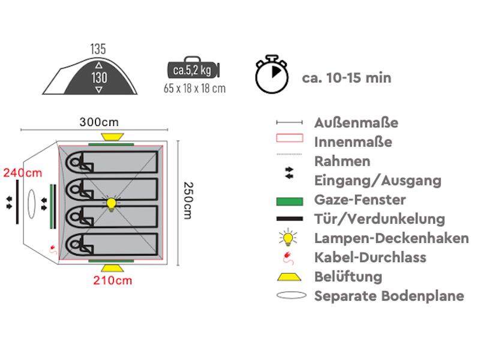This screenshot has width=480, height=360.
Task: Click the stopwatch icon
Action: coord(272,74)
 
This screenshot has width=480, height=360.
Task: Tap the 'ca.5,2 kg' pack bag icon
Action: coord(193,68)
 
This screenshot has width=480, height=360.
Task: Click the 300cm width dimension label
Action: coord(99,122)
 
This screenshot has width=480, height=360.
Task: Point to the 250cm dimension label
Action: coord(188,200)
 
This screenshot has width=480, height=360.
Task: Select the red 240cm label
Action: coord(23,173)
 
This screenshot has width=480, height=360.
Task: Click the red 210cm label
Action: coord(113,280)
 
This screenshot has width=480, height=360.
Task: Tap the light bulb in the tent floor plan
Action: coord(112,205)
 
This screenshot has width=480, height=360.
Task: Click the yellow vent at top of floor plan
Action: coord(112,137)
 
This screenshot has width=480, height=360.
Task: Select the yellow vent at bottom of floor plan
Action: coord(112,268)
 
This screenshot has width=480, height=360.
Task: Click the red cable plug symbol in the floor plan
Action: coord(53,249)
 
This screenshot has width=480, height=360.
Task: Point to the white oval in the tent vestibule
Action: coord(32,203)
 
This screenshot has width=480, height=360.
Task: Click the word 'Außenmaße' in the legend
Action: coord(356,123)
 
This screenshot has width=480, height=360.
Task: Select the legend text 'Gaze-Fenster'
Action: coord(360,200)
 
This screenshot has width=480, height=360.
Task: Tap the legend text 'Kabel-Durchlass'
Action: coord(370,257)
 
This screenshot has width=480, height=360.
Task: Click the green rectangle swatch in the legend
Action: coord(290,202)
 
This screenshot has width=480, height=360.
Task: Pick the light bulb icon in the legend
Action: coord(288,237)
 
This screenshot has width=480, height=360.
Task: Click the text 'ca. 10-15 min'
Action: coord(347,78)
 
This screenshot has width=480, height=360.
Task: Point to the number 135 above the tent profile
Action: coord(98,49)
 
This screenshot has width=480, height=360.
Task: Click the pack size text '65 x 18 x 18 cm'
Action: coord(194,88)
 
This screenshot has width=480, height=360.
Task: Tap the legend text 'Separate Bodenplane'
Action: coord(389,296)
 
